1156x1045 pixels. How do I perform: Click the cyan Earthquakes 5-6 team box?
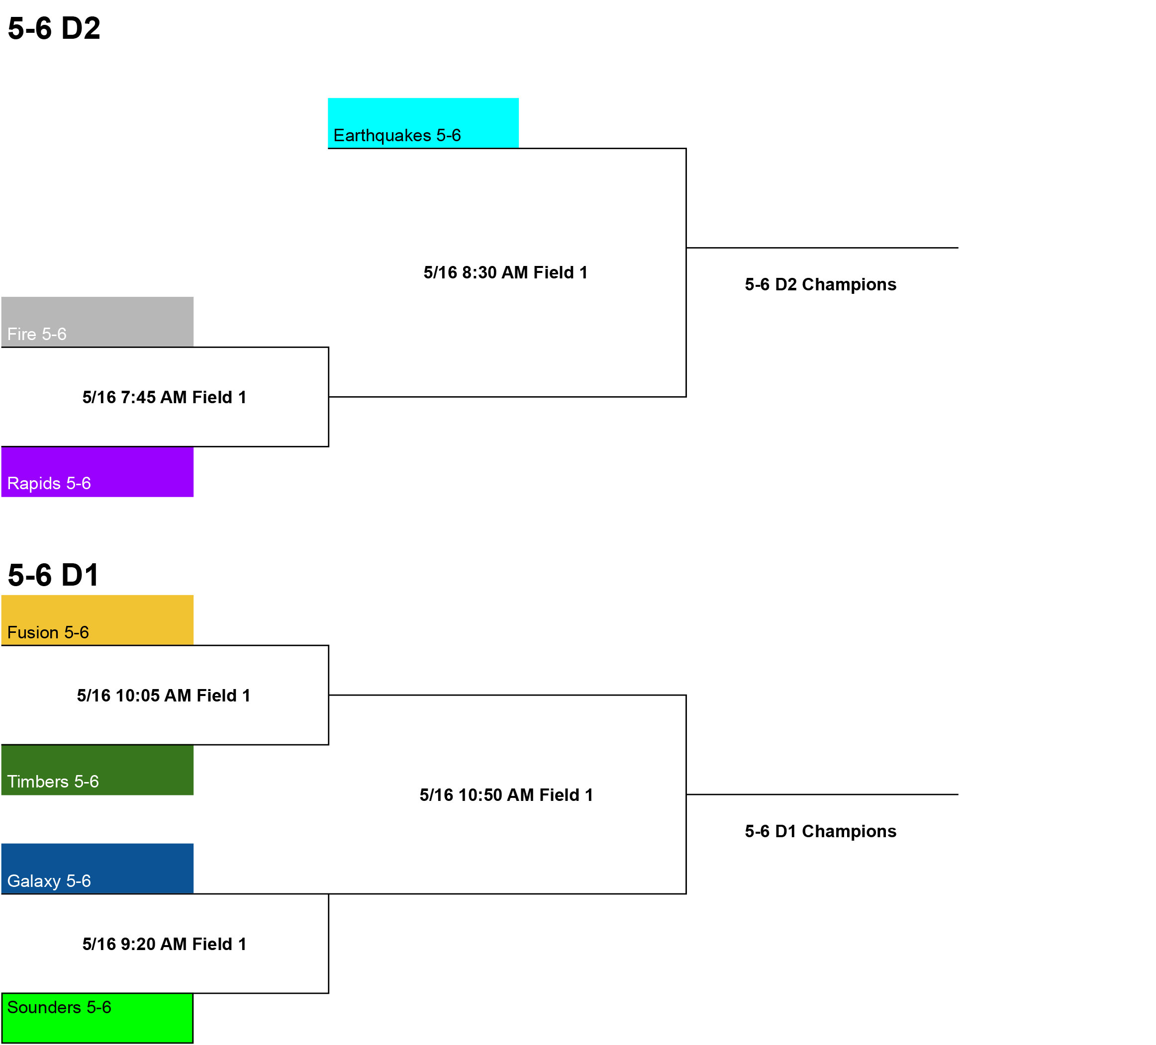[423, 123]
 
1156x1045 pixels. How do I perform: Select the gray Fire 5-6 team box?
[97, 322]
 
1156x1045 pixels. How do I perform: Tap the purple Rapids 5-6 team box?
[97, 472]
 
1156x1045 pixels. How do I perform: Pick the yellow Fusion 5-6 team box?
[97, 620]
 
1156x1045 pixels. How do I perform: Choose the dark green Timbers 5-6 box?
[97, 770]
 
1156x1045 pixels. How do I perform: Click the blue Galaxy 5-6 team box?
[97, 869]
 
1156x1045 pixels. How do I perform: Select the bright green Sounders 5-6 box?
[97, 1018]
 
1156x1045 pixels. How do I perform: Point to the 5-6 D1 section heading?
[54, 575]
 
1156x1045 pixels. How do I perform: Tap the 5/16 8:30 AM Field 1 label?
[506, 272]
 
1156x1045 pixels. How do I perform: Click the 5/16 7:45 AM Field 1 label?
[165, 397]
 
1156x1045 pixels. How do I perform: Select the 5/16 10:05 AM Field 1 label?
[164, 696]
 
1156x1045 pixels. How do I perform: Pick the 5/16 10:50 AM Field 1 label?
[506, 795]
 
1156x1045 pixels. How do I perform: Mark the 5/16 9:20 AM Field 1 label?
[165, 944]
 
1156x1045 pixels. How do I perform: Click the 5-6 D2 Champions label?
[821, 284]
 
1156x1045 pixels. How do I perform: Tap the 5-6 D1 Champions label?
[821, 831]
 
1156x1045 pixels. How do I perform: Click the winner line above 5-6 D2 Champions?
[822, 248]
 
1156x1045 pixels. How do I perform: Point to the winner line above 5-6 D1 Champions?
[822, 794]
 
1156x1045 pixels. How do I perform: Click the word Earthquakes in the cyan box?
[382, 136]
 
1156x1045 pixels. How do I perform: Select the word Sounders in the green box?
[44, 1007]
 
